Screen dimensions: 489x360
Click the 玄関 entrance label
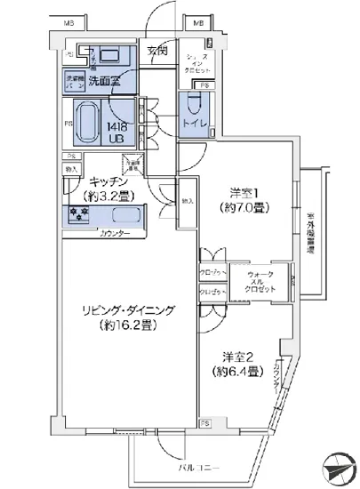point(157,50)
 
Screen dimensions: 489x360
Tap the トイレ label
point(196,126)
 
